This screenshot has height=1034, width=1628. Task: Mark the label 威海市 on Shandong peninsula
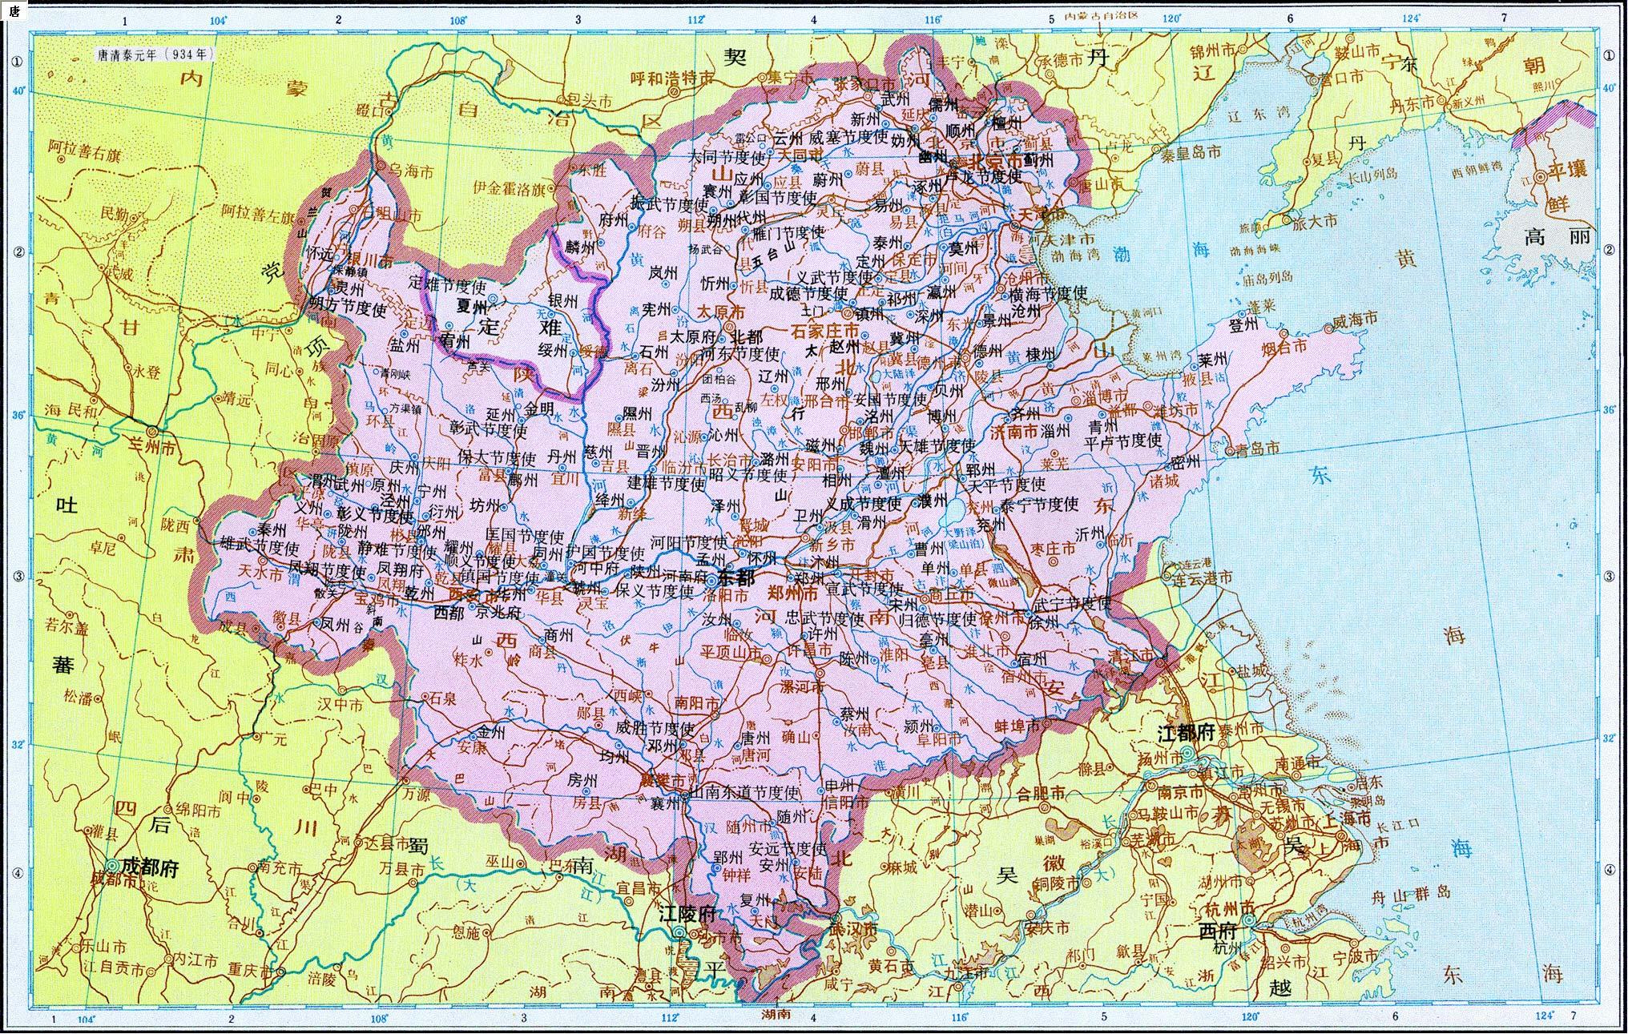(1354, 319)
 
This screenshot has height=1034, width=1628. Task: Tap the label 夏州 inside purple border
(471, 306)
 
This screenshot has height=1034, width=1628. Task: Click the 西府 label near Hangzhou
(1217, 931)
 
